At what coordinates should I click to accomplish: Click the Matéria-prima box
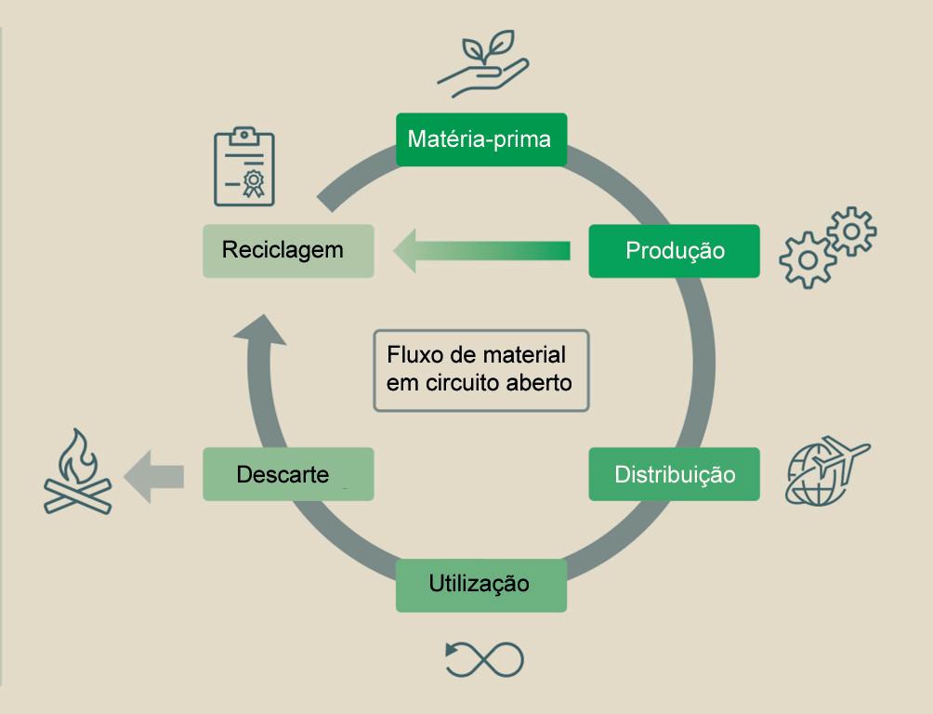[480, 139]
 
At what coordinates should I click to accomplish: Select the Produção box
[674, 251]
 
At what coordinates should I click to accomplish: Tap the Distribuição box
[674, 474]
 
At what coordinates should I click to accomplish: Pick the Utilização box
[480, 585]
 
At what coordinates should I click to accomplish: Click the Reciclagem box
[288, 250]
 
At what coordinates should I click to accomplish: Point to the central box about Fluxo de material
[480, 369]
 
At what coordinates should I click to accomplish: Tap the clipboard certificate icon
[243, 167]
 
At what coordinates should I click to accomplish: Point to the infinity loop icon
[484, 658]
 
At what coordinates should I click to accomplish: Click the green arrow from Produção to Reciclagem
[481, 251]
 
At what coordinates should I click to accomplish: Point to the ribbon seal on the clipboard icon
[253, 180]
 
